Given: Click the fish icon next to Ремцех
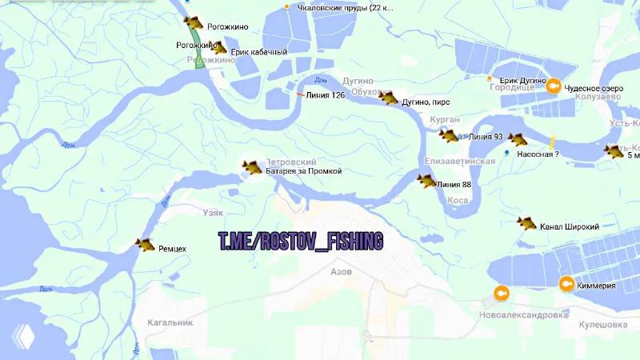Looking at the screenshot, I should pyautogui.click(x=146, y=244).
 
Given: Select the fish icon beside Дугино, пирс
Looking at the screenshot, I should pyautogui.click(x=388, y=98).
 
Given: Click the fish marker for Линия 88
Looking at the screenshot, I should pyautogui.click(x=426, y=181).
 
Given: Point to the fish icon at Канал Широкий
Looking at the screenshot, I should pyautogui.click(x=526, y=222).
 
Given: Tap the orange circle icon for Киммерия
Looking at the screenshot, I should pyautogui.click(x=566, y=283).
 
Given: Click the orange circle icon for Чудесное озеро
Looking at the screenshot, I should pyautogui.click(x=553, y=86).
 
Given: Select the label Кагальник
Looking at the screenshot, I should pyautogui.click(x=170, y=322).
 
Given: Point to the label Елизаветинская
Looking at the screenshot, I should pyautogui.click(x=460, y=161).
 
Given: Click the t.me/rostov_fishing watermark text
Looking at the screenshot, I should pyautogui.click(x=301, y=240).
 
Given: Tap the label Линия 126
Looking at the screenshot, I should pyautogui.click(x=326, y=95).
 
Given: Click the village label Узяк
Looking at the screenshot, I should pyautogui.click(x=211, y=213).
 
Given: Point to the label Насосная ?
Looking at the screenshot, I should pyautogui.click(x=538, y=153).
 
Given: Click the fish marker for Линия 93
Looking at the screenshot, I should pyautogui.click(x=517, y=138).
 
